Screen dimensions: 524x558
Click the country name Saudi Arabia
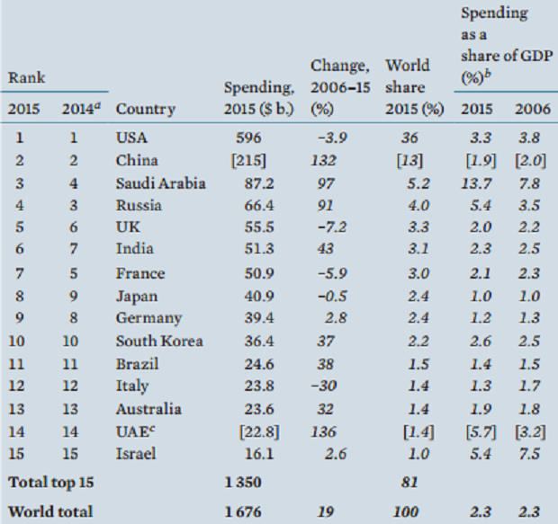pyautogui.click(x=161, y=183)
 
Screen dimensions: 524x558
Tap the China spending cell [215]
pyautogui.click(x=246, y=161)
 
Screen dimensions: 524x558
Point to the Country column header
pyautogui.click(x=146, y=110)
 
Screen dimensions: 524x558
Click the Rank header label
pyautogui.click(x=27, y=78)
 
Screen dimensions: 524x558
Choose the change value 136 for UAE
pyautogui.click(x=326, y=431)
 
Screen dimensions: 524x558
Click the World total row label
pyautogui.click(x=50, y=511)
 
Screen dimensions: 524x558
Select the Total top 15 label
pyautogui.click(x=54, y=482)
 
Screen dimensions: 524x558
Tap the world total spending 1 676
pyautogui.click(x=244, y=511)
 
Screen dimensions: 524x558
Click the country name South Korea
pyautogui.click(x=159, y=341)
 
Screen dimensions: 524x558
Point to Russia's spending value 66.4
pyautogui.click(x=246, y=206)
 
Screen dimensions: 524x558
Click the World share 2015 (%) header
pyautogui.click(x=415, y=87)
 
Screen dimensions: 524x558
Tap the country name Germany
pyautogui.click(x=148, y=318)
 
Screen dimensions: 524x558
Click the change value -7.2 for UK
pyautogui.click(x=329, y=228)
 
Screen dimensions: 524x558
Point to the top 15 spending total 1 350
pyautogui.click(x=244, y=482)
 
